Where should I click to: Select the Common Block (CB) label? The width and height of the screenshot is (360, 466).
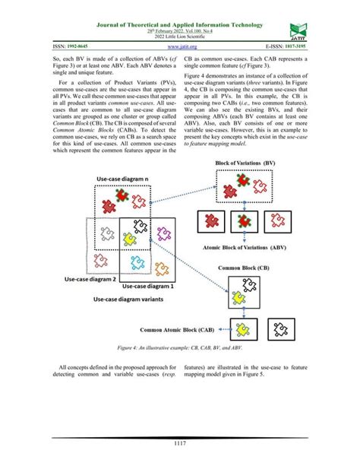(x=243, y=268)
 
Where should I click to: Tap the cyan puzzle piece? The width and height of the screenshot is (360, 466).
(x=137, y=263)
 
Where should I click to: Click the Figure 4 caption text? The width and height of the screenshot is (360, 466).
(x=179, y=347)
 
